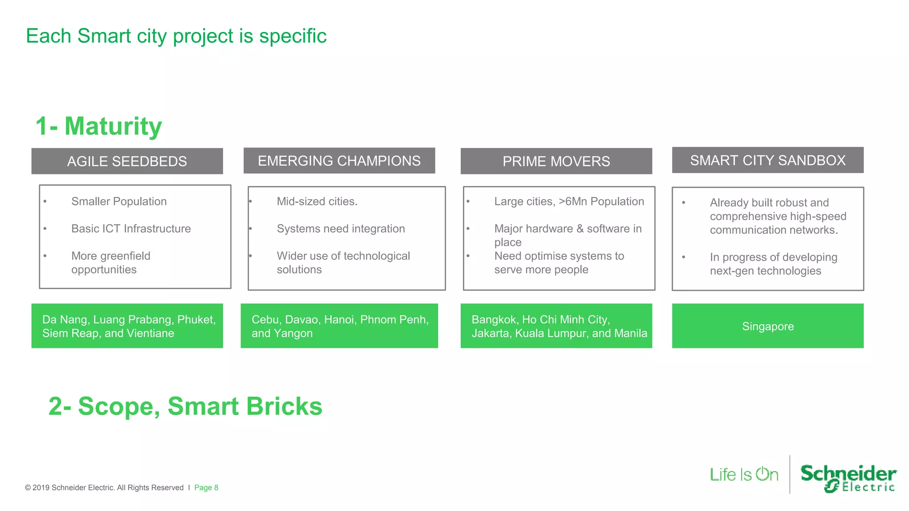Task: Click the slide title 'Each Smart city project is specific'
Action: coord(176,36)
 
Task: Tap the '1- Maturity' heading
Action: coord(99,126)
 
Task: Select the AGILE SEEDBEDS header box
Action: coord(127,161)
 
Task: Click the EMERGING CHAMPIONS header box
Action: coord(339,161)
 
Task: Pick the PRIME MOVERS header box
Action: coord(556,161)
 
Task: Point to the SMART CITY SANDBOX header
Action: coord(767,160)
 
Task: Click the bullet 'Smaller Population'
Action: coord(119,201)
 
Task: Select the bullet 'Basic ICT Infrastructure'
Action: coord(131,228)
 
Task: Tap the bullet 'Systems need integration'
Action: coord(340,228)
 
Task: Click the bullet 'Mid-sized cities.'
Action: coord(317,201)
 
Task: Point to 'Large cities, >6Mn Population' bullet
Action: coord(569,201)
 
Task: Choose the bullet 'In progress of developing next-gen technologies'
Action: coord(773,264)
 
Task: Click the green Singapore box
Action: coord(767,326)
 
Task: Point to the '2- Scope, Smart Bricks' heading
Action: coord(185,406)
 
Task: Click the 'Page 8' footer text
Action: coord(206,487)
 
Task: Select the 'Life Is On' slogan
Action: coord(744,475)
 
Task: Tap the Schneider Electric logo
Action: coord(848,478)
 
